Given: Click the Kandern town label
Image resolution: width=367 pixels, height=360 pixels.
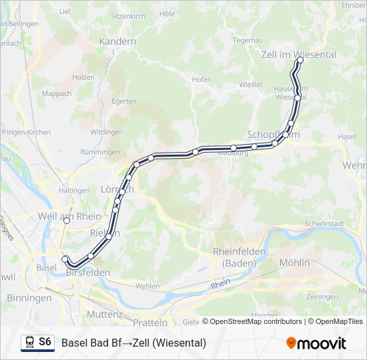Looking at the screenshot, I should pos(117,41).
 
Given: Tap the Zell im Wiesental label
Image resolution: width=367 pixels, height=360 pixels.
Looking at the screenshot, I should pos(298,54).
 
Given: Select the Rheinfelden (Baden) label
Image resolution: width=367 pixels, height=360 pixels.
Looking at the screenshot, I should pos(239,257).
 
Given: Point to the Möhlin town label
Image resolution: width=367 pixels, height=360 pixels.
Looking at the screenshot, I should pos(295,263).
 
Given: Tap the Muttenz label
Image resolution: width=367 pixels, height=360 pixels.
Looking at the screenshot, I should pos(105,313).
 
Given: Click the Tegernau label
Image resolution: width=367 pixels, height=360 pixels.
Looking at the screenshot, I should pos(248,40).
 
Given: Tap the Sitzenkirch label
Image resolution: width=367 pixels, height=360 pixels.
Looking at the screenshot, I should pos(128,15).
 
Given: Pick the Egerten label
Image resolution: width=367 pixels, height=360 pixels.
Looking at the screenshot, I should pos(124,102).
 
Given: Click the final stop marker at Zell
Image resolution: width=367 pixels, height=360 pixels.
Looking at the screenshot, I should pos(300,60).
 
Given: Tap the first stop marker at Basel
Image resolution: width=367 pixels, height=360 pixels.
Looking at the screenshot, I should pos(65,259).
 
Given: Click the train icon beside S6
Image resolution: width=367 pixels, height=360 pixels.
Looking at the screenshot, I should pos(29,343).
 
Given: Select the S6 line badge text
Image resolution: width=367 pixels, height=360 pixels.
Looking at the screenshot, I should pos(45,342).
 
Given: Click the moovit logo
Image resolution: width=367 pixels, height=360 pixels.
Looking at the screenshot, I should pos(316,343).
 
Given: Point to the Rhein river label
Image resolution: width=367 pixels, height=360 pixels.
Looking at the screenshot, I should pos(220,284).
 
